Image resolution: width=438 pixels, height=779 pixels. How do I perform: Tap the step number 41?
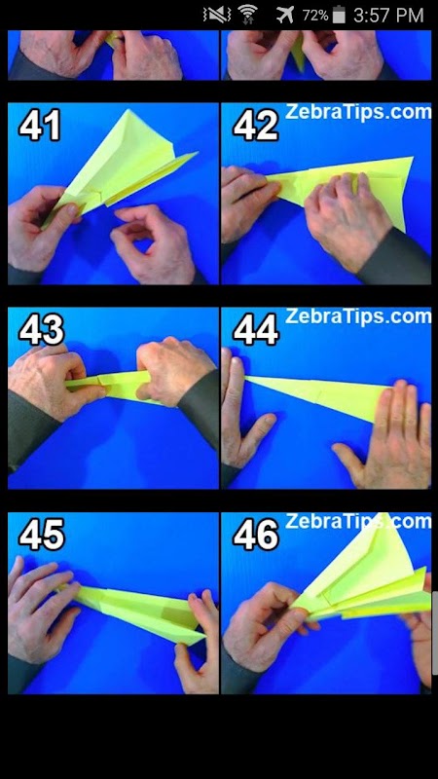click(40, 126)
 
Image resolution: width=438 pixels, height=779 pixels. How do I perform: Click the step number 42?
click(256, 126)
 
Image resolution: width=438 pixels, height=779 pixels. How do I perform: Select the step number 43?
click(42, 330)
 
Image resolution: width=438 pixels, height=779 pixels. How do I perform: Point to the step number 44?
click(256, 330)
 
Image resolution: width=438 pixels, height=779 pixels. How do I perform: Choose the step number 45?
click(42, 535)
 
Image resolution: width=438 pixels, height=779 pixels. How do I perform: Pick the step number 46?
click(256, 535)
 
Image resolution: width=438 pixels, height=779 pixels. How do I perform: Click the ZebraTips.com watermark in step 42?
click(358, 112)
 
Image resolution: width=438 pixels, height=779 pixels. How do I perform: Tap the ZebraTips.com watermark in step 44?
click(358, 316)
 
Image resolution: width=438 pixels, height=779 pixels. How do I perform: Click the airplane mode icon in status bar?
click(285, 15)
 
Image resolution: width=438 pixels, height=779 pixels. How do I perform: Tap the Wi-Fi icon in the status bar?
click(247, 15)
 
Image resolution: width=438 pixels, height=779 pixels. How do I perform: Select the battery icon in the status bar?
click(339, 15)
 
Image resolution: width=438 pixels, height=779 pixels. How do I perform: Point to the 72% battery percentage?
click(315, 16)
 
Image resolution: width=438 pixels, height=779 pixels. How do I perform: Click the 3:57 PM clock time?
click(388, 15)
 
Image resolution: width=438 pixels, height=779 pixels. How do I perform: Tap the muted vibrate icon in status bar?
click(216, 15)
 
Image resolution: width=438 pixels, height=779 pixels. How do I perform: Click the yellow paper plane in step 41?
click(125, 164)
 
